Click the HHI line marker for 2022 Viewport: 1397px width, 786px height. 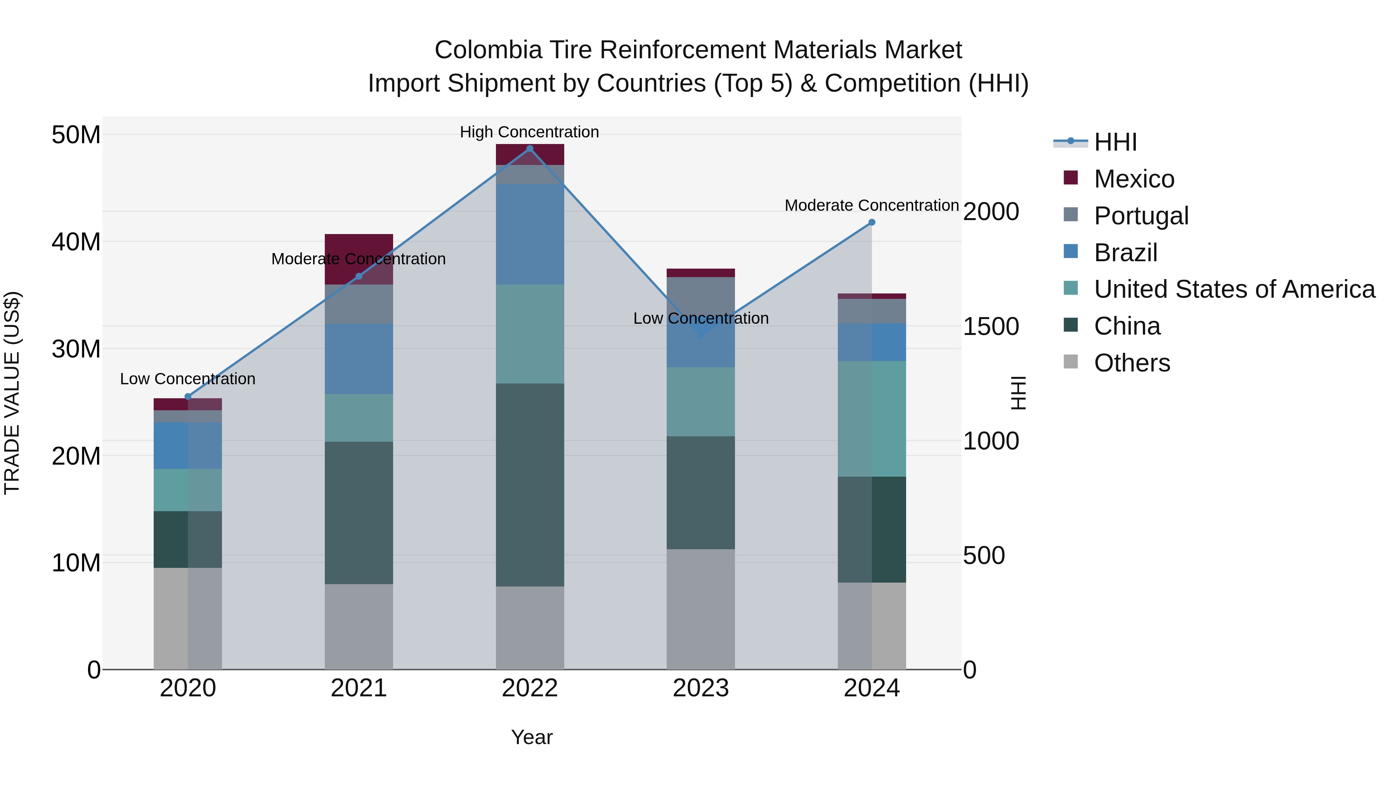pos(530,148)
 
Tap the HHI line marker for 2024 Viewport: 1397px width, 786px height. pos(872,222)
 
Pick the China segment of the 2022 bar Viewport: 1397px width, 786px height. pos(530,484)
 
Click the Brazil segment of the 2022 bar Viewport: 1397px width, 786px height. pos(530,234)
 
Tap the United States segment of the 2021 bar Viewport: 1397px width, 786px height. pos(359,418)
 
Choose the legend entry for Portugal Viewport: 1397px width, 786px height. pos(1140,216)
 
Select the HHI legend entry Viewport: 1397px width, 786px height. pos(1114,142)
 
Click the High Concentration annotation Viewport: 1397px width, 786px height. pos(529,132)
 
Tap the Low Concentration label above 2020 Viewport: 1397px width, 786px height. pos(188,378)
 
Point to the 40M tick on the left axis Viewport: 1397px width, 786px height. pos(76,242)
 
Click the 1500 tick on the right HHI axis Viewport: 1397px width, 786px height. pos(990,326)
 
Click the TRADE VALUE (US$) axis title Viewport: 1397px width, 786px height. pos(12,393)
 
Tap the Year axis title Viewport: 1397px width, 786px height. pos(532,737)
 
